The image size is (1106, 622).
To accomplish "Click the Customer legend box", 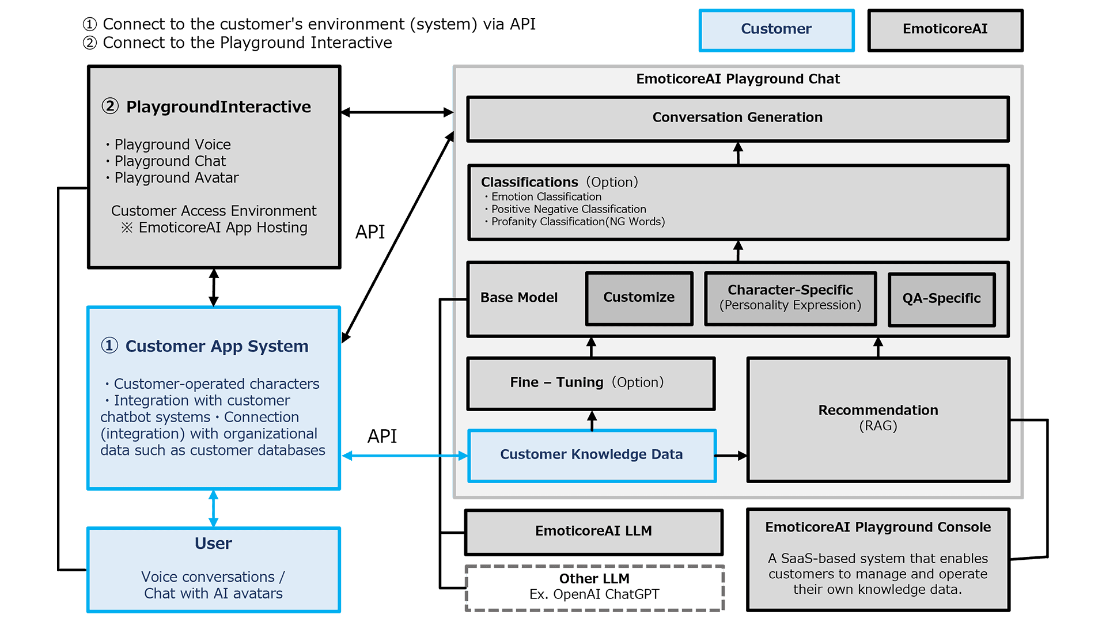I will [x=776, y=30].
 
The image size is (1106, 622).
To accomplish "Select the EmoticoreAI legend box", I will [x=945, y=30].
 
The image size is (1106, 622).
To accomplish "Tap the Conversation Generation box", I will [x=737, y=118].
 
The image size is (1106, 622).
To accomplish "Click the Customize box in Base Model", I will [x=639, y=298].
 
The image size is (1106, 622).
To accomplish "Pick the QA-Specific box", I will [x=941, y=299].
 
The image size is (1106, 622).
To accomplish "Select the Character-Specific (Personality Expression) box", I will [x=790, y=298].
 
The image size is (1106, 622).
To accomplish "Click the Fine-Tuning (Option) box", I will [x=590, y=383].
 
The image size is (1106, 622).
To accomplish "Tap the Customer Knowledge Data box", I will [x=592, y=455].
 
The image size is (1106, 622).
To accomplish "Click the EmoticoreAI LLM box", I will [x=593, y=532].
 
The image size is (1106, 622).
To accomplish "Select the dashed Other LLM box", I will [x=594, y=587].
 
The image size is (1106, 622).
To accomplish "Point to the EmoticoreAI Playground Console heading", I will [x=877, y=528].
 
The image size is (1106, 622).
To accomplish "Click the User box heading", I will [x=213, y=544].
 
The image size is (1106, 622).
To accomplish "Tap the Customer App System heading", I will [x=217, y=346].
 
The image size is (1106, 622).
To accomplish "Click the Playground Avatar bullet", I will [x=176, y=178].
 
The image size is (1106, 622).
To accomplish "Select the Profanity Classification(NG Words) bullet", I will [x=577, y=222].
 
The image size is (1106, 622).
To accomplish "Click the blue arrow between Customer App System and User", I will [x=213, y=508].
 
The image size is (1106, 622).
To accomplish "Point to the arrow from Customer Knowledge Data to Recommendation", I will [x=731, y=456].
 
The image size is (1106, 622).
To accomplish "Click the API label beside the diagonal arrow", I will [x=370, y=232].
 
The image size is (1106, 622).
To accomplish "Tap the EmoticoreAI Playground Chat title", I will [x=737, y=79].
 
